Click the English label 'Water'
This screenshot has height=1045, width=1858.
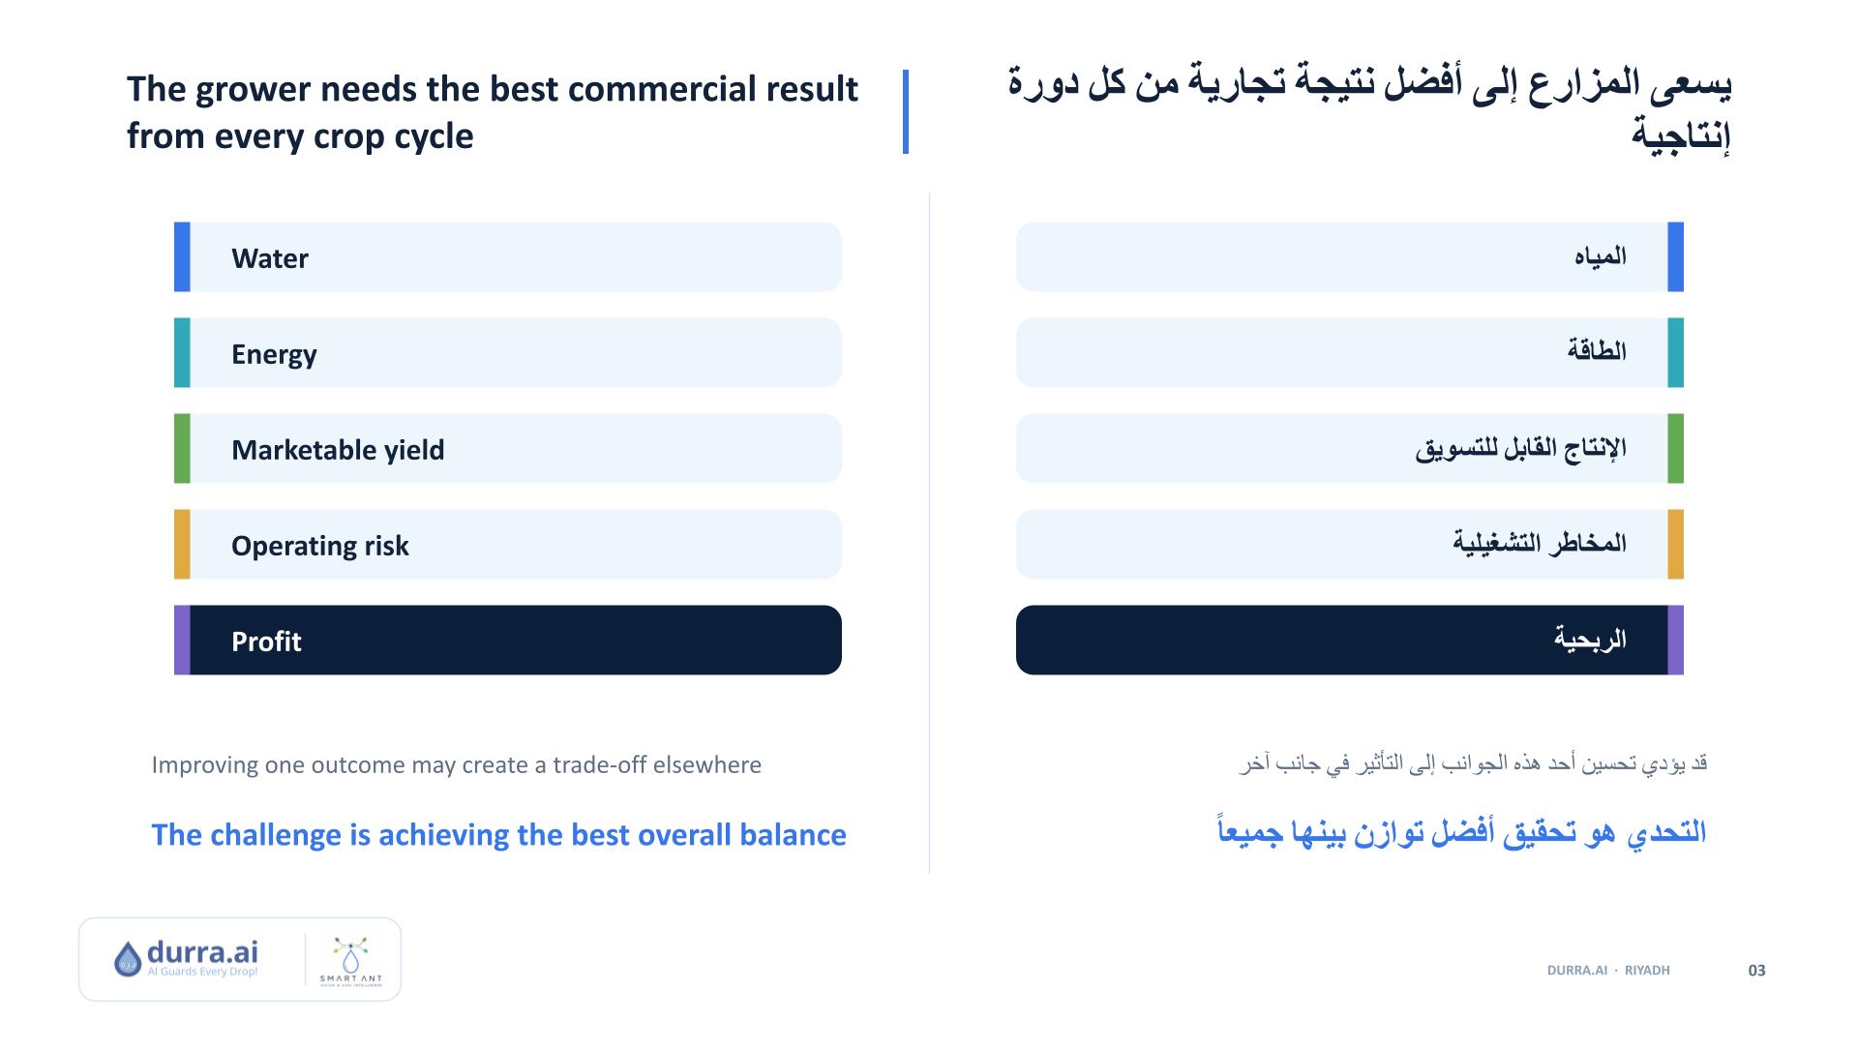[x=269, y=258]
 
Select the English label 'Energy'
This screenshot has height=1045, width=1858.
[x=274, y=354]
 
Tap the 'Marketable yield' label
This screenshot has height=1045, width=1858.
[x=338, y=450]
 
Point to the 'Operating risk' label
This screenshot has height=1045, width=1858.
[x=319, y=546]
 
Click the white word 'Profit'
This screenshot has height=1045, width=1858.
[x=266, y=642]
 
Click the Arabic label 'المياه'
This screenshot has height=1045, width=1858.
[x=1601, y=256]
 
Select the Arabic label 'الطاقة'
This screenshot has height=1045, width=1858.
[x=1597, y=350]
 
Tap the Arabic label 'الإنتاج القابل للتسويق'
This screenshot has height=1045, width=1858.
[x=1521, y=449]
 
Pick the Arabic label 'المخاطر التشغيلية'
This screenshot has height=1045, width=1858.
[x=1540, y=543]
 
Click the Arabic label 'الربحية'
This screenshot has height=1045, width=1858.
[x=1590, y=640]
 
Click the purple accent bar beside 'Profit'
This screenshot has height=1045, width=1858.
[x=182, y=640]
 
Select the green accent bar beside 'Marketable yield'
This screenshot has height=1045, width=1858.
[x=182, y=448]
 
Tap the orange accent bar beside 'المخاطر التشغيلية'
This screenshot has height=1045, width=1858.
[x=1676, y=544]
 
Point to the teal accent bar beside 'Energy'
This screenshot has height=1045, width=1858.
[x=182, y=352]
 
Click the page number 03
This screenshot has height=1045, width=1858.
[x=1757, y=970]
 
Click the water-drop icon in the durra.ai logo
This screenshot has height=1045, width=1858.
[x=128, y=960]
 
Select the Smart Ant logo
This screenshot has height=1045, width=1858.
[x=350, y=960]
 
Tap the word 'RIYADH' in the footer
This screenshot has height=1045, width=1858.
[x=1647, y=970]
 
